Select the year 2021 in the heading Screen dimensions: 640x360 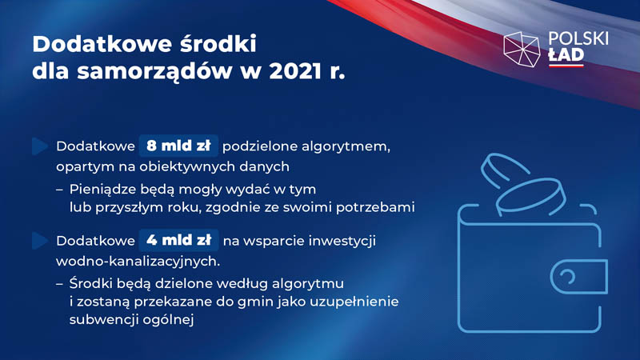295,71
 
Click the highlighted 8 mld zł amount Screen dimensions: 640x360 178,146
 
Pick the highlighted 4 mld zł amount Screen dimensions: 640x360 178,241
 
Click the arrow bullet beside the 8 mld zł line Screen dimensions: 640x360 40,146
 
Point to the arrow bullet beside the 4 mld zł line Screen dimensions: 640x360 40,241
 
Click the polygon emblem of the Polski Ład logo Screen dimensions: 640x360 522,49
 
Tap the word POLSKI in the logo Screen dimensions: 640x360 578,38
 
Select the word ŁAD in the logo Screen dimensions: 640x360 566,55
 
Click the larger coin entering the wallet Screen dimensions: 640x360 531,196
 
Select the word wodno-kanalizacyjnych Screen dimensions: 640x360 138,262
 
